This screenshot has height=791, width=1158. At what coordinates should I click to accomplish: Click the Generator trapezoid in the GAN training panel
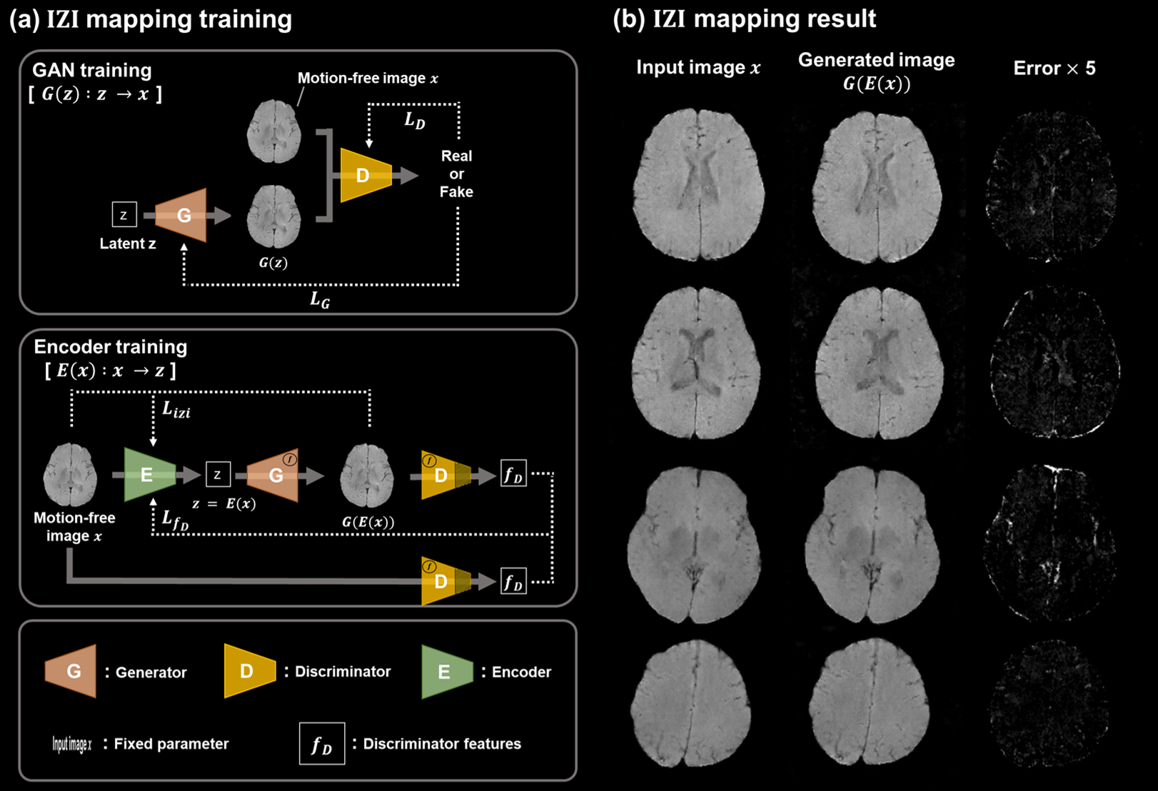pyautogui.click(x=183, y=215)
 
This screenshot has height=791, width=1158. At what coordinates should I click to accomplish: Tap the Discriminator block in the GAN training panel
pyautogui.click(x=365, y=175)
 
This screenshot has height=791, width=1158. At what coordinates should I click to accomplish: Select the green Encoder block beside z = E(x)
pyautogui.click(x=148, y=475)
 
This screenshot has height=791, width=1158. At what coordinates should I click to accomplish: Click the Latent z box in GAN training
pyautogui.click(x=124, y=214)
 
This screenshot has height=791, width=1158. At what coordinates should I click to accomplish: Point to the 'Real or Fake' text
pyautogui.click(x=456, y=173)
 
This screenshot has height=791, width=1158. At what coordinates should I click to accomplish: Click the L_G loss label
pyautogui.click(x=320, y=300)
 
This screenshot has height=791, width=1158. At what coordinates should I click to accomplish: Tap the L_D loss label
pyautogui.click(x=414, y=121)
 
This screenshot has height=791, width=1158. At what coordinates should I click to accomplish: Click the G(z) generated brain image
pyautogui.click(x=273, y=217)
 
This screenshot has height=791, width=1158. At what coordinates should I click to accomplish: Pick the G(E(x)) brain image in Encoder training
pyautogui.click(x=367, y=475)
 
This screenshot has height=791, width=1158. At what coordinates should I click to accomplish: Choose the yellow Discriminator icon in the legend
pyautogui.click(x=249, y=670)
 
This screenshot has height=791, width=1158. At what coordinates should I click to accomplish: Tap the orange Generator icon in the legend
pyautogui.click(x=71, y=671)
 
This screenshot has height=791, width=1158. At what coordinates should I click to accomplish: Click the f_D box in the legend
pyautogui.click(x=321, y=744)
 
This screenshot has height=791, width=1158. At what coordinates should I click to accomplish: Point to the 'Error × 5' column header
pyautogui.click(x=1054, y=69)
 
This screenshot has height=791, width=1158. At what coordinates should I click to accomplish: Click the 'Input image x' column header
pyautogui.click(x=698, y=68)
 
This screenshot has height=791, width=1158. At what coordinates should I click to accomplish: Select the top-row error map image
pyautogui.click(x=1050, y=186)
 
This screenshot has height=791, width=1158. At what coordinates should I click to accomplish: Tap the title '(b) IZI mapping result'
pyautogui.click(x=744, y=19)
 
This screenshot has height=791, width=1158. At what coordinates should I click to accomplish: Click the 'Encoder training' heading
pyautogui.click(x=111, y=347)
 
